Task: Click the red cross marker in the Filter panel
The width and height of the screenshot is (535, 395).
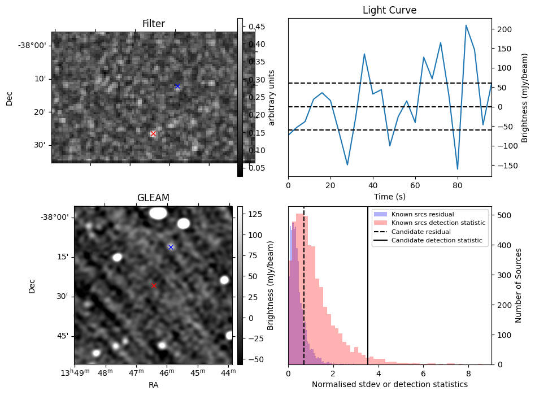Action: click(153, 134)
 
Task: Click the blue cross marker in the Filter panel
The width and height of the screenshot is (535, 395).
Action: click(177, 86)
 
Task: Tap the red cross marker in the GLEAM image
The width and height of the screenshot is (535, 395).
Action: click(154, 285)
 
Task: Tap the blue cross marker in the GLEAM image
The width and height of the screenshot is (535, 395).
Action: click(171, 247)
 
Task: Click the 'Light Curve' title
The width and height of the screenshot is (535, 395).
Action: click(389, 10)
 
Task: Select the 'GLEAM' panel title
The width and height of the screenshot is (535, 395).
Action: click(153, 198)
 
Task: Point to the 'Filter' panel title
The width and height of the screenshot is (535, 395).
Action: click(153, 24)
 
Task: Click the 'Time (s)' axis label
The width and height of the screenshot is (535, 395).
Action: click(389, 197)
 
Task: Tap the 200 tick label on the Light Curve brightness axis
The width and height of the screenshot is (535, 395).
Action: click(504, 29)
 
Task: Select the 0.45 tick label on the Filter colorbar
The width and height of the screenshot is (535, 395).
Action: click(257, 27)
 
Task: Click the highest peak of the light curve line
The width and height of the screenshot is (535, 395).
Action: click(466, 25)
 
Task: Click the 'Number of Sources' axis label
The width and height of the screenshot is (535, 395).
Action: click(519, 285)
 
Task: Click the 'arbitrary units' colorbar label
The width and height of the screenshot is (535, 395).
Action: click(272, 97)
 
